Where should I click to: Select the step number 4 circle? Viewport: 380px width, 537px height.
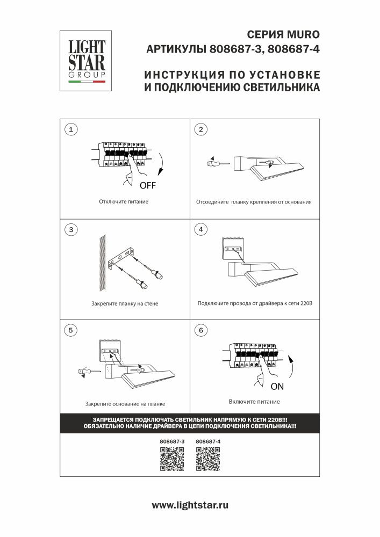click(200, 230)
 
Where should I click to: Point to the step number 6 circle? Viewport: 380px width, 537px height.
click(200, 330)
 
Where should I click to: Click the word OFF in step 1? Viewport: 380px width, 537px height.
click(148, 186)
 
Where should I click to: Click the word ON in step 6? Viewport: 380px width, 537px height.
click(277, 386)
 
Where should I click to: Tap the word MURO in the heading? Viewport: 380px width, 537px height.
click(304, 35)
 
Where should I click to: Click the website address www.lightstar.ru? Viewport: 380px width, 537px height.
click(190, 505)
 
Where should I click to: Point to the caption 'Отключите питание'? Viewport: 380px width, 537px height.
click(124, 202)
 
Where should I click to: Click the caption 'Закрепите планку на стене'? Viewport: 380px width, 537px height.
click(125, 303)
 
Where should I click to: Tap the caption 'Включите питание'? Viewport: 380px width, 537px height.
click(254, 402)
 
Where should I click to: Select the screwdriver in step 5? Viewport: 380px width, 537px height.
click(87, 372)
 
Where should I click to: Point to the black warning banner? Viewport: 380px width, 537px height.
click(190, 423)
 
